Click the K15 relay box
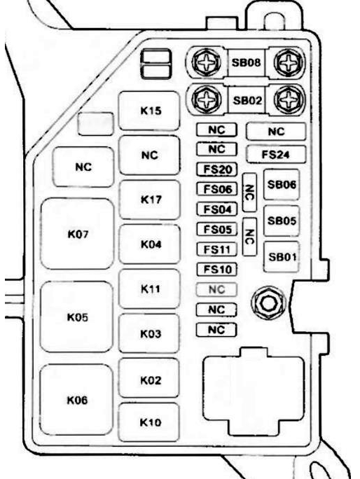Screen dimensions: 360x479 tap(148, 111)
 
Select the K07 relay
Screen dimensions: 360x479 tap(77, 234)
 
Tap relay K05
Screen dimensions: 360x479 tap(77, 317)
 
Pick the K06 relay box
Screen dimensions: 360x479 tap(77, 400)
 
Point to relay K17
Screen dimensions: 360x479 tap(149, 200)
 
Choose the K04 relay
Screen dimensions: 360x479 tap(149, 244)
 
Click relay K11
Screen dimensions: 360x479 tap(149, 289)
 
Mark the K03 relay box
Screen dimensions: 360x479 tap(148, 333)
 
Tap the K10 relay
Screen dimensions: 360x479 tap(148, 422)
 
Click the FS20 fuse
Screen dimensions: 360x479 tap(216, 169)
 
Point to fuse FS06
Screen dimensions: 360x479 tap(216, 189)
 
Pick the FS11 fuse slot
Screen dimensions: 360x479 tap(216, 249)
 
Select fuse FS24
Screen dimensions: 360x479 tap(276, 154)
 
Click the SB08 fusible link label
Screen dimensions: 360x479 tap(247, 62)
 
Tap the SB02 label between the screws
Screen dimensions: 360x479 tap(247, 100)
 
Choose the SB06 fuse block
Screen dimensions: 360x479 tap(282, 184)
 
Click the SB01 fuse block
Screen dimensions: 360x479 tap(282, 256)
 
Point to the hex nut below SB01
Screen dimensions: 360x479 tap(269, 303)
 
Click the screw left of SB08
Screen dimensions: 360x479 tap(207, 62)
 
